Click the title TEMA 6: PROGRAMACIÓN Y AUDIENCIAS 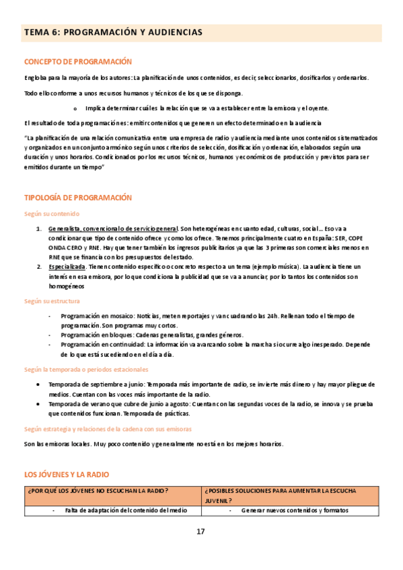[x=112, y=32]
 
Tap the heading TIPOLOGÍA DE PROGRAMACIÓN [x=78, y=198]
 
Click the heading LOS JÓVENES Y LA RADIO [x=66, y=475]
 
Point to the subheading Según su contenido [x=52, y=214]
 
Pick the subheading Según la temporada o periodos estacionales [x=86, y=370]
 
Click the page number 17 [x=200, y=532]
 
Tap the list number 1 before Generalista [x=39, y=229]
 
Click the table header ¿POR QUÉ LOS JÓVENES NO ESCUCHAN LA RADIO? [x=98, y=490]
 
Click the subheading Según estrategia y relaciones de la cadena [x=108, y=428]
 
